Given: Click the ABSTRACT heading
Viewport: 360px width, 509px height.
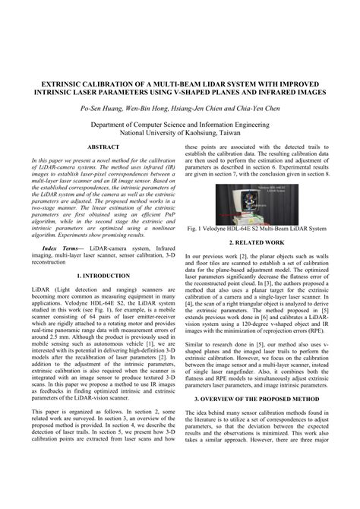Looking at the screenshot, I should tap(105, 146).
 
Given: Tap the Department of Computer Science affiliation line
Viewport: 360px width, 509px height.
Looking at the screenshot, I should tap(179, 122).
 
